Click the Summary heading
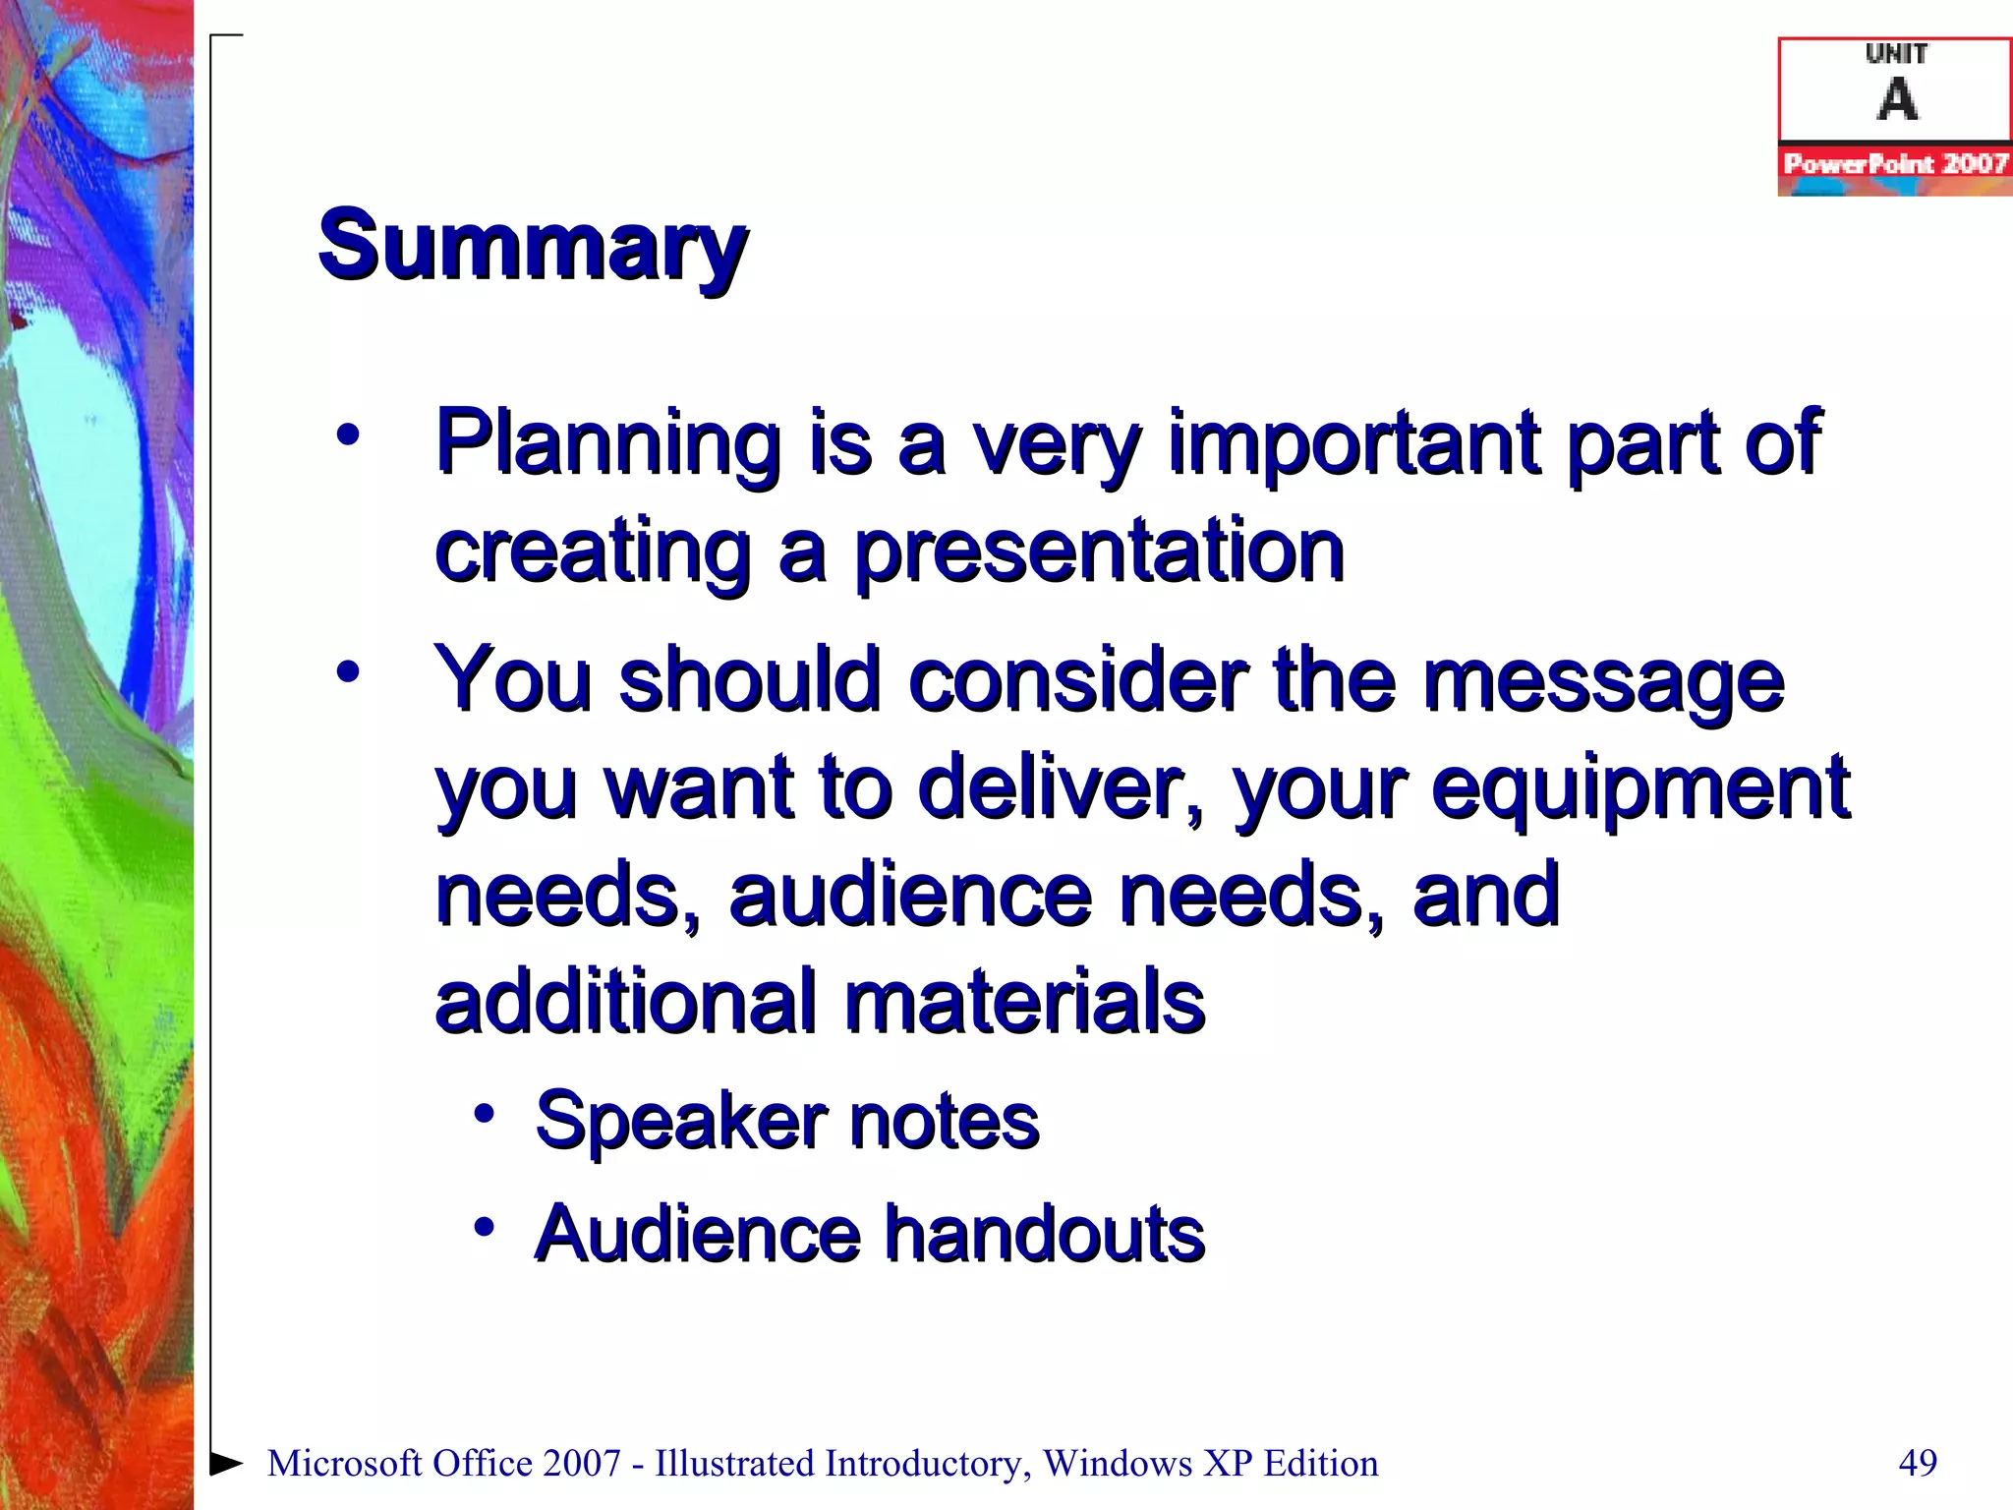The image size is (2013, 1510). click(x=532, y=246)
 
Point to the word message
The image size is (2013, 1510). click(x=1602, y=680)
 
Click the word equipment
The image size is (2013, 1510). click(x=1639, y=788)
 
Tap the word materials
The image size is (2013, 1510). click(x=1024, y=1002)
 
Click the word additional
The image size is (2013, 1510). click(x=624, y=1002)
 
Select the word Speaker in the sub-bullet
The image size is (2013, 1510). click(x=680, y=1122)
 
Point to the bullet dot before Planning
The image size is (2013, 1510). click(x=348, y=434)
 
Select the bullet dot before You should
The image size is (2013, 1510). click(x=348, y=672)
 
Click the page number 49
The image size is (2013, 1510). click(x=1918, y=1463)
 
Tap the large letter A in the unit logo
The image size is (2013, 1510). click(x=1896, y=99)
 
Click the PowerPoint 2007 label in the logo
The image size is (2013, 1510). click(x=1895, y=163)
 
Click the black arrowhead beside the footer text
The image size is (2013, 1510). click(x=227, y=1463)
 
